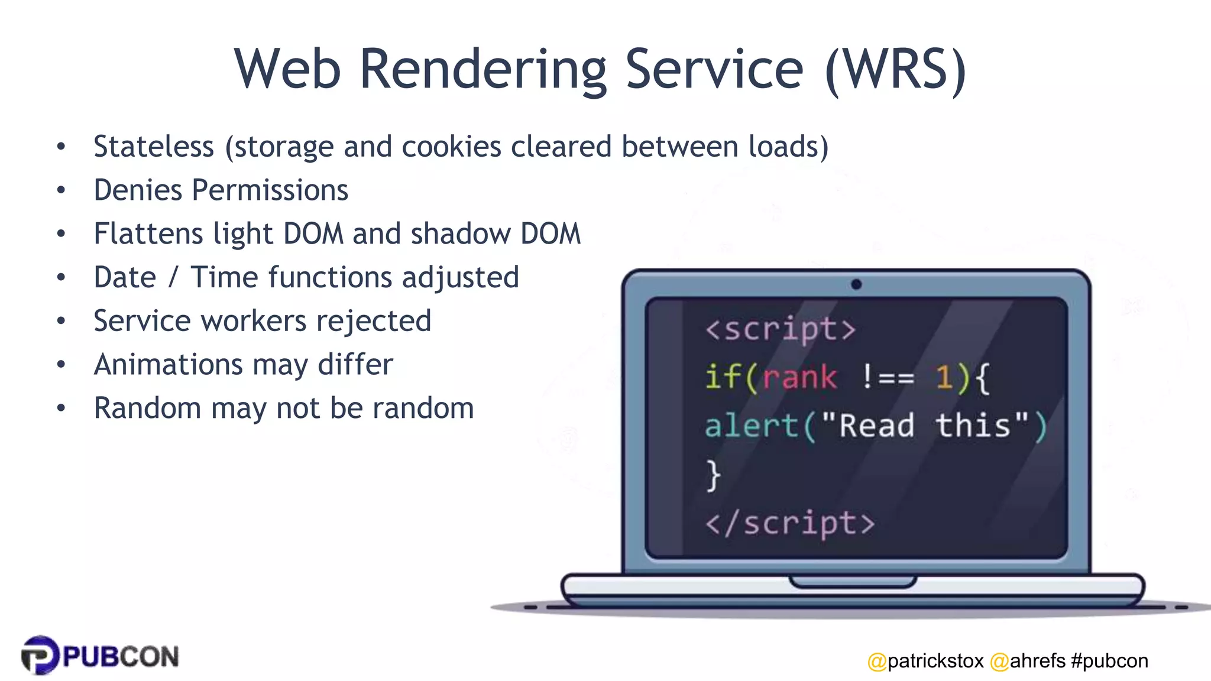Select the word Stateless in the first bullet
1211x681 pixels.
point(154,147)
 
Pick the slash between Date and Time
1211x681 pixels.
point(173,277)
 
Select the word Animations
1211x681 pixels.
point(168,364)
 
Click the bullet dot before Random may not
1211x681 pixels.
point(61,408)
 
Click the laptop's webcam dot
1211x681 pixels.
point(856,284)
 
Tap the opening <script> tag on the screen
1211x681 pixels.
point(780,329)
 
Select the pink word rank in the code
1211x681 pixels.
point(799,377)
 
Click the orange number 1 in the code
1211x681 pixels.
point(943,377)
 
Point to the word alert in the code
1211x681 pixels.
point(752,426)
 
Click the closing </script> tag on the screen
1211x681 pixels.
point(789,524)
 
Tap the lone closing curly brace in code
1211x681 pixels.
point(714,475)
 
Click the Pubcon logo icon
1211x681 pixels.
point(40,655)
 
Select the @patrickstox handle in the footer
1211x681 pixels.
point(925,660)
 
